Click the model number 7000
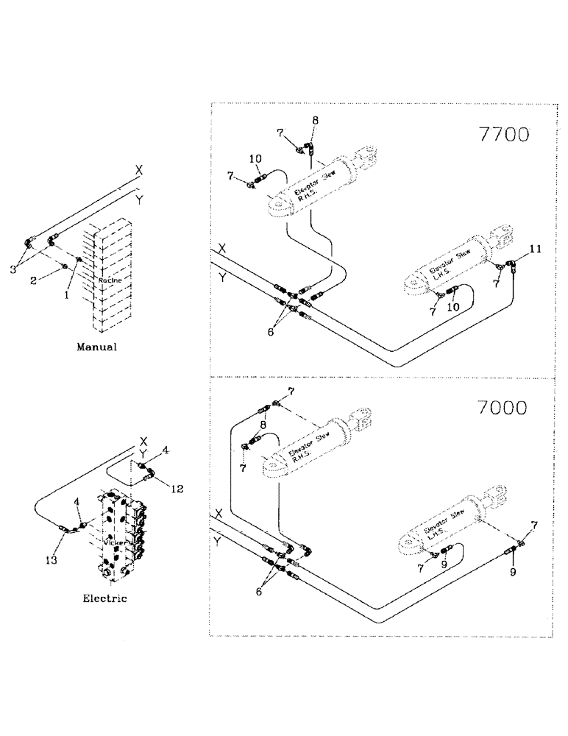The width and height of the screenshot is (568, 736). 505,407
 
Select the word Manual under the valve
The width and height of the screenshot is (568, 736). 97,347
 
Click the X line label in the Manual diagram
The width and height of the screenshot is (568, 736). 138,169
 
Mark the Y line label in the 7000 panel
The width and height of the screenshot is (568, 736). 216,541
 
